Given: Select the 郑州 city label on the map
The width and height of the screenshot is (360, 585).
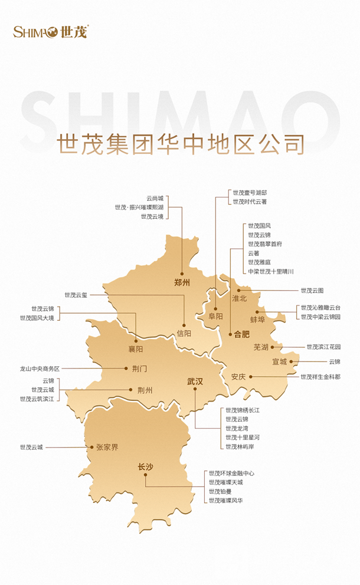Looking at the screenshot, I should (183, 282).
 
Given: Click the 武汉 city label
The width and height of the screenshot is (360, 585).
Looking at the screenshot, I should (195, 382).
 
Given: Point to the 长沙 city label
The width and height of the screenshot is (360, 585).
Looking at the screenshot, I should (145, 467).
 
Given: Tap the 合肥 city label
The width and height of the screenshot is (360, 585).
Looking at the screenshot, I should (242, 333).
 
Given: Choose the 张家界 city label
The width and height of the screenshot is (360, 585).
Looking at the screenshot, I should (107, 447).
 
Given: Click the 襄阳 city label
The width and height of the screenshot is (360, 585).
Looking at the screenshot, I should (135, 349).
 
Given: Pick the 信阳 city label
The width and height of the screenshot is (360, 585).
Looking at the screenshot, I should (184, 333).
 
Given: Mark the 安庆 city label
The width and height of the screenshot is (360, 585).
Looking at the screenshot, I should (238, 376).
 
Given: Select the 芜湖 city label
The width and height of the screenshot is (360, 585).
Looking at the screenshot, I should (261, 347).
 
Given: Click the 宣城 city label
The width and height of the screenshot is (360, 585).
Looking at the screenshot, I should (279, 361).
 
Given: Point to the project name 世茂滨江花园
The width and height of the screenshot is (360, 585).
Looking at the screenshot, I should (323, 347).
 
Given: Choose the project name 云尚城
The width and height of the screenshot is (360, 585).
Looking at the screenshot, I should (155, 198).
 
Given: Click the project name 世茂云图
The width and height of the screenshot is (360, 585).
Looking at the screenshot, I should (312, 290).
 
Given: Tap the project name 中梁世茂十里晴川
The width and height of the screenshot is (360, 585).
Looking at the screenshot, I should (270, 271).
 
